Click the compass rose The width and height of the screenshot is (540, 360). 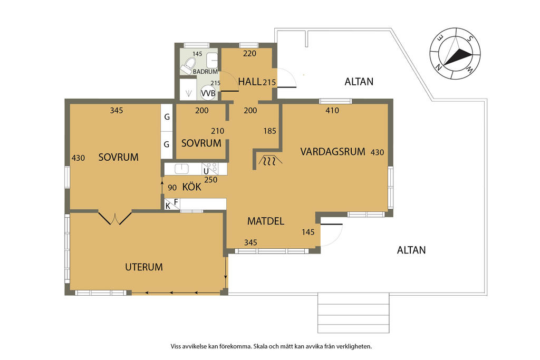point(455,53)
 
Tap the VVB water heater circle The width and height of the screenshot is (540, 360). point(208,93)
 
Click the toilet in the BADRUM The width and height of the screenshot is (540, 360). point(188,65)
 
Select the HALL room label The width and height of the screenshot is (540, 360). point(249,82)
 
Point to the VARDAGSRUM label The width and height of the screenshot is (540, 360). point(333,151)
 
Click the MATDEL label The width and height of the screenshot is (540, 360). point(266,221)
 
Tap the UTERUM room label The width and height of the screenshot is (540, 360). point(144,267)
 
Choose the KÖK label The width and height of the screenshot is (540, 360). point(192,187)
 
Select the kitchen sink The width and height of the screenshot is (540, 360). point(181,169)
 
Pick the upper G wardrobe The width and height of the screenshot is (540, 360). point(167,118)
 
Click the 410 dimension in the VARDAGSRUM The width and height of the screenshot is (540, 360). point(332,111)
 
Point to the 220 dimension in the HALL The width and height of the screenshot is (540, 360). point(249,53)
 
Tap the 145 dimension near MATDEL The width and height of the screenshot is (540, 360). point(308,232)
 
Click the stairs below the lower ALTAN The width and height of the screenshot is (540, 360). point(353,313)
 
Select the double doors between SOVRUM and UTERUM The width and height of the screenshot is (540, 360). point(115,218)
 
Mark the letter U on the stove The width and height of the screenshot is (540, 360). point(206,171)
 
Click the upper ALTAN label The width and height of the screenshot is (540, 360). point(359,82)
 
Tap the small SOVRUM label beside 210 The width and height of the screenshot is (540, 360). point(201,143)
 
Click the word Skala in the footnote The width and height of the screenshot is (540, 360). point(261,346)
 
